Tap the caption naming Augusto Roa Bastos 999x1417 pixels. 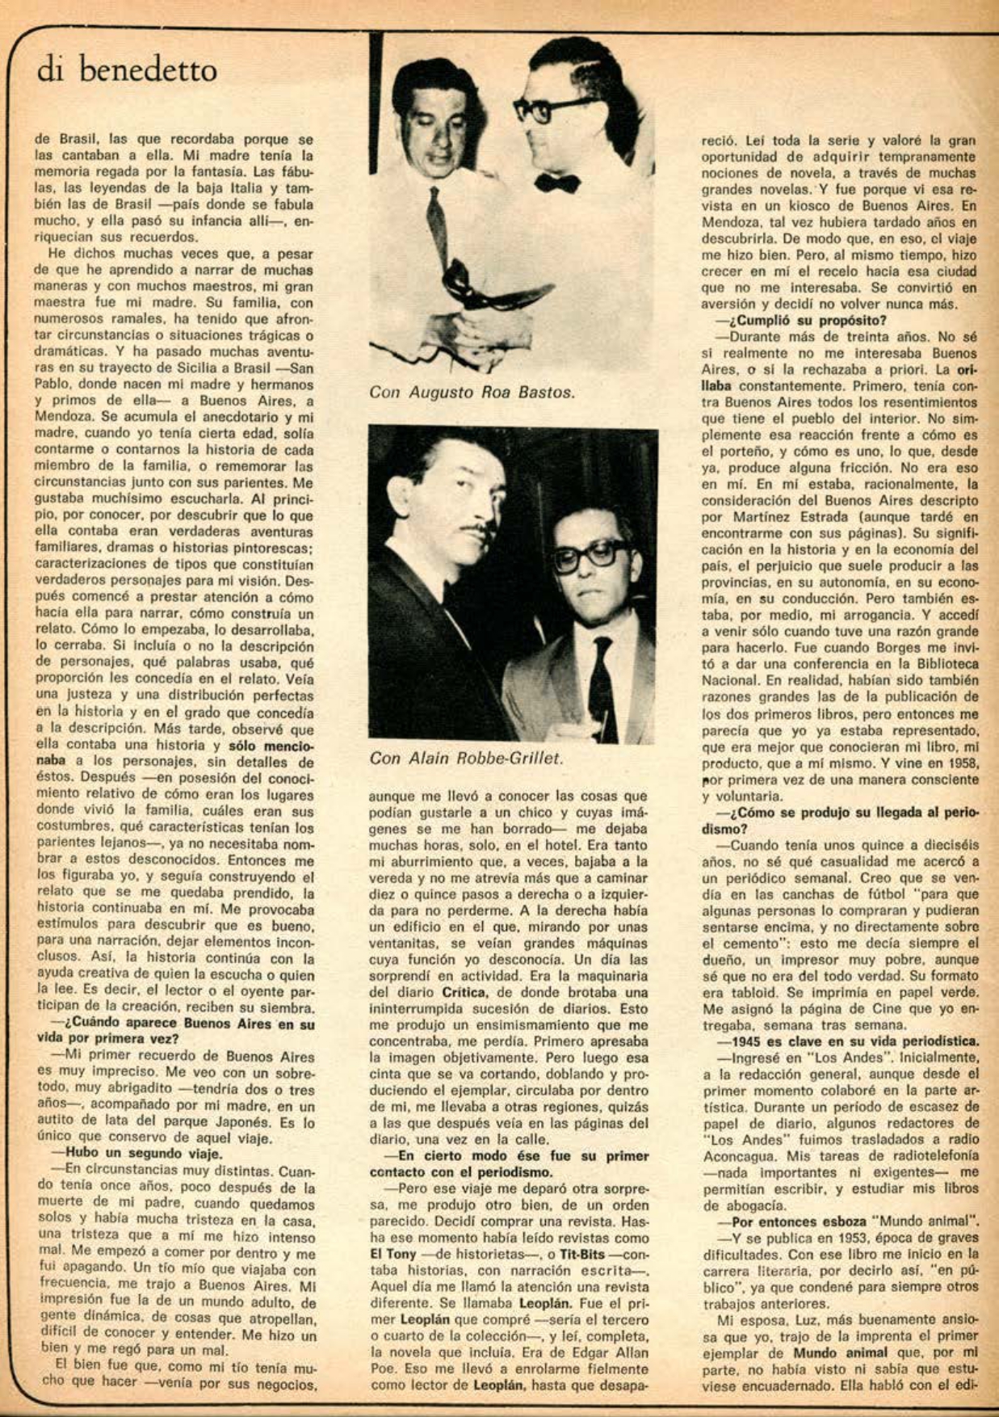click(472, 393)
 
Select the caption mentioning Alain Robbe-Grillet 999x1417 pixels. click(466, 758)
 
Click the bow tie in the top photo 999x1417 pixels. click(557, 183)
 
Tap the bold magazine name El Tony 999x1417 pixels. click(393, 1254)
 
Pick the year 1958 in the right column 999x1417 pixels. click(959, 763)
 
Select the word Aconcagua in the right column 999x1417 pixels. click(737, 1156)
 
